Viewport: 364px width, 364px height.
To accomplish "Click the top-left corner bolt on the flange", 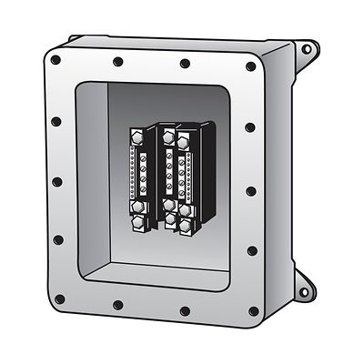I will (x=56, y=60).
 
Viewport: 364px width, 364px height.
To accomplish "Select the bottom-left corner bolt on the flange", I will (x=56, y=296).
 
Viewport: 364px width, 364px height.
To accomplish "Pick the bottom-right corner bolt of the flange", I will (x=252, y=312).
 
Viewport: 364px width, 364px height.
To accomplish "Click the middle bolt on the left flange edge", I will (x=56, y=181).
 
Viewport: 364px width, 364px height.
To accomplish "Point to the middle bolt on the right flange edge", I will (x=251, y=192).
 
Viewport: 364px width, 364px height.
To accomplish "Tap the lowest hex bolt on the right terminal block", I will (x=186, y=223).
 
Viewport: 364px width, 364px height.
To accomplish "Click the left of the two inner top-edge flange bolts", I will (x=118, y=63).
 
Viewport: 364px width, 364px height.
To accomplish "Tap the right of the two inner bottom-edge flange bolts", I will (x=187, y=310).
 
